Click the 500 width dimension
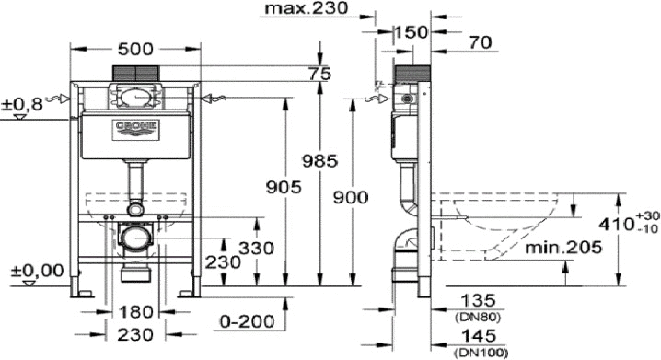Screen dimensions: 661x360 [x=135, y=50]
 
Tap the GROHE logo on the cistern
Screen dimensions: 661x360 [x=135, y=130]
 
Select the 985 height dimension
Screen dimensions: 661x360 [x=320, y=160]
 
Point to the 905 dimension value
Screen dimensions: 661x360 [x=284, y=187]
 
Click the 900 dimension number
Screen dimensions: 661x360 [x=351, y=197]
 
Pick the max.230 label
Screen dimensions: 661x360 [x=304, y=7]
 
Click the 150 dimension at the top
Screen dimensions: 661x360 [x=411, y=32]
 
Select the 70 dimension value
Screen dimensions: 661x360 [x=481, y=42]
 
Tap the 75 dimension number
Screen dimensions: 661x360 [x=320, y=74]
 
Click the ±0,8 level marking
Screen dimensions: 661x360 [x=22, y=104]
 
